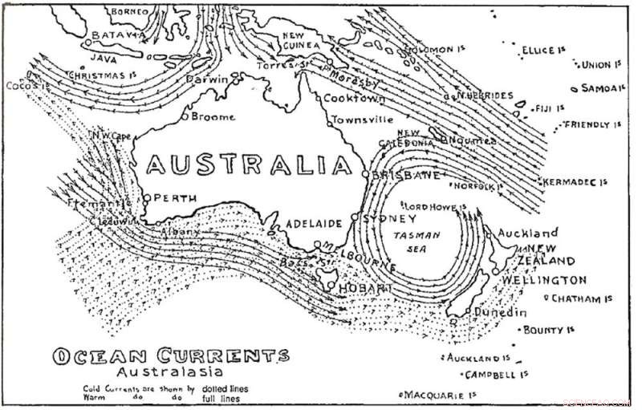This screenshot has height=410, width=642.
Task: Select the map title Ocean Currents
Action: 170,355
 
